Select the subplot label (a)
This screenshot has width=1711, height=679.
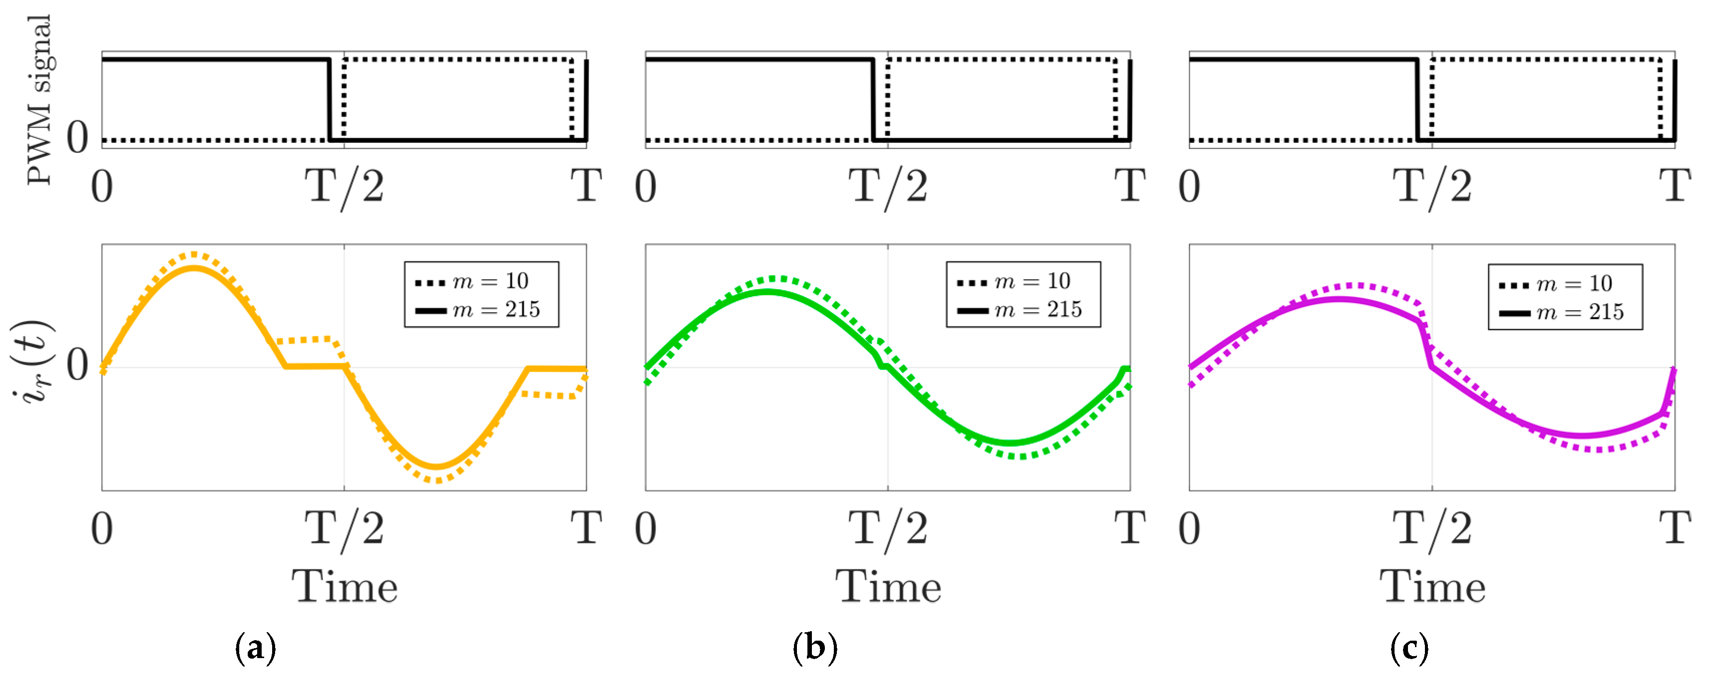pos(256,648)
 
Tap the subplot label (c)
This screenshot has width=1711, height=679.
pos(1409,648)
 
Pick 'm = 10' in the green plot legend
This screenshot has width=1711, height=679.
pos(1032,281)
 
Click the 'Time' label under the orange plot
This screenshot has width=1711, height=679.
pos(345,587)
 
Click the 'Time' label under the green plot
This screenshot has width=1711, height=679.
pos(888,587)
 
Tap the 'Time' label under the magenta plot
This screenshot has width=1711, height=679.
pos(1433,587)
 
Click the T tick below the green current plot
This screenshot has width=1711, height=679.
pos(1130,528)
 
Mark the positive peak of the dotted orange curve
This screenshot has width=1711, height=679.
pos(193,254)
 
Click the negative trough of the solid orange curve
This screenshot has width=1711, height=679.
pos(437,466)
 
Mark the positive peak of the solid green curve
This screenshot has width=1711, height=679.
pos(767,291)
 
